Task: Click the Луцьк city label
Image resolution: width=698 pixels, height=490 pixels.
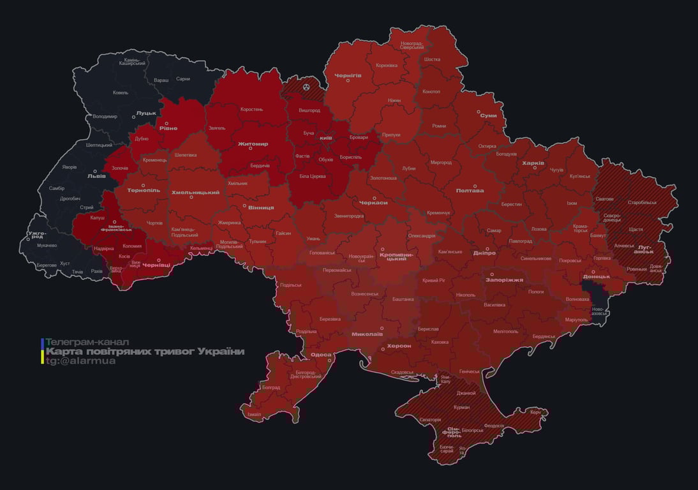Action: [146, 112]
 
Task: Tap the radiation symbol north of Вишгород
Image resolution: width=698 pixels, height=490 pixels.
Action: [306, 85]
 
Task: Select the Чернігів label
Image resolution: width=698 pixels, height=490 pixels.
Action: [348, 75]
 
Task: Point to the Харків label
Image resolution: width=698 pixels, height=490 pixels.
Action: [533, 163]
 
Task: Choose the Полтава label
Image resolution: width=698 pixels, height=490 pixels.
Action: [470, 190]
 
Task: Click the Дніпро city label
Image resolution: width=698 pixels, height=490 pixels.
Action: [485, 253]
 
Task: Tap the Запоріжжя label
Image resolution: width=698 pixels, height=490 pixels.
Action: [504, 279]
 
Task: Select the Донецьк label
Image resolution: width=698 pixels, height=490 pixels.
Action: [597, 276]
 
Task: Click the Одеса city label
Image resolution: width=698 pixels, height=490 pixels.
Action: [321, 354]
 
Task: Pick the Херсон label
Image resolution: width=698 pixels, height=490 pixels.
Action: [399, 345]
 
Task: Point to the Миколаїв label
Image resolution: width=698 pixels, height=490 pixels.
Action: [368, 334]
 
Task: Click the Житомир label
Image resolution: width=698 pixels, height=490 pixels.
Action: [253, 144]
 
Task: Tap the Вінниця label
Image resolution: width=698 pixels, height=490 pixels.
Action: [262, 207]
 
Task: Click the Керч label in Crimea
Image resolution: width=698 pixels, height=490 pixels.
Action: [535, 412]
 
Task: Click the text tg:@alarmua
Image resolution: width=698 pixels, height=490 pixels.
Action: [80, 361]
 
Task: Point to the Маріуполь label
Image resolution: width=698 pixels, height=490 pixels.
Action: [576, 319]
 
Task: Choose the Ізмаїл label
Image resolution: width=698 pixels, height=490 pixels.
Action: [254, 414]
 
